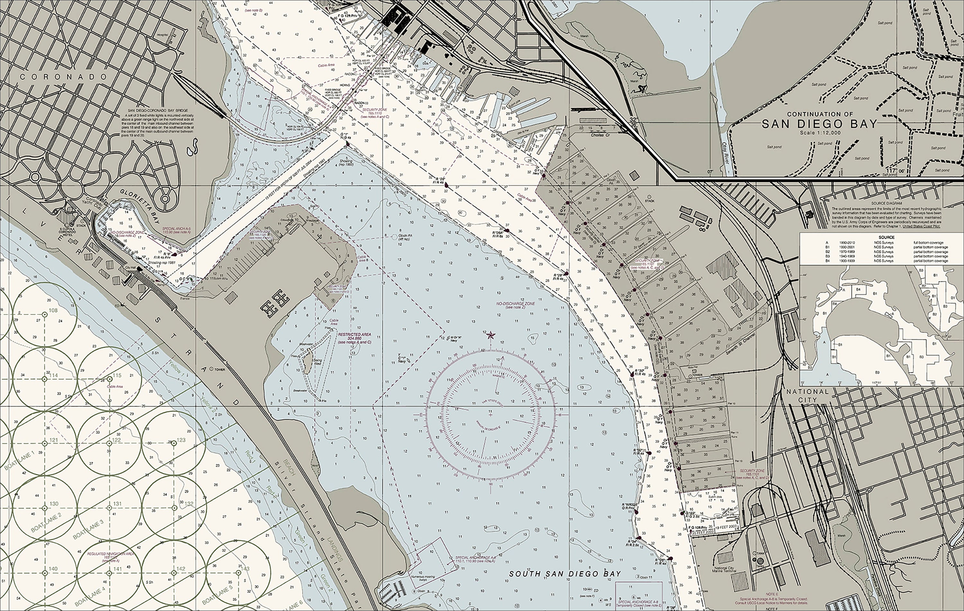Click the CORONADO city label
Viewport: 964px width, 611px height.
point(64,77)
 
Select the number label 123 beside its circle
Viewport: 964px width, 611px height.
point(181,440)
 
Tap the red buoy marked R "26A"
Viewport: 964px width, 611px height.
point(507,231)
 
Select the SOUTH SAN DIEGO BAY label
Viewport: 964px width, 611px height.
point(565,574)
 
